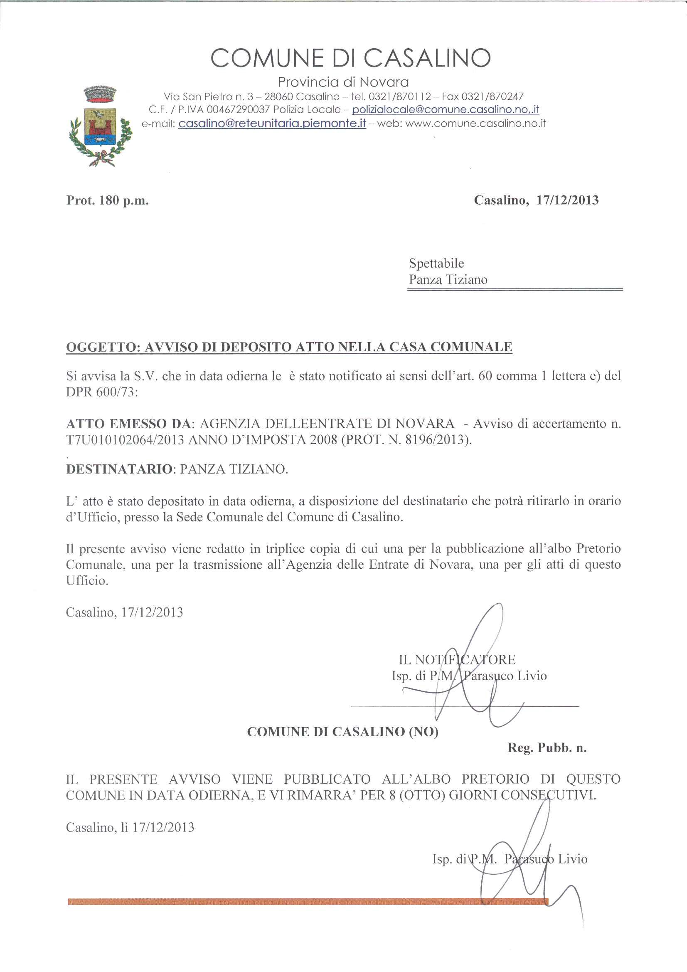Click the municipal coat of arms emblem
100,126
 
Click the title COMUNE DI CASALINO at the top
350,58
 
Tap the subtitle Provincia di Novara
343,82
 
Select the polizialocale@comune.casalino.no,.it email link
445,110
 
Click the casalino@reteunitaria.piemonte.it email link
272,123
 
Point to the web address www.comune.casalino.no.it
475,123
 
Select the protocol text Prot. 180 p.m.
108,200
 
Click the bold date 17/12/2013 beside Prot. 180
567,200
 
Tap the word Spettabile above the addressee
436,263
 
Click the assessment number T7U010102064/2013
125,440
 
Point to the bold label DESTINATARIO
119,469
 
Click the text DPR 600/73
101,392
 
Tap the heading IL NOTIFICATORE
457,659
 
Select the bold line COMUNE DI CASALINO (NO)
342,732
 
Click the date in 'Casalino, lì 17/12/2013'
163,827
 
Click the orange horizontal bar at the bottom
307,902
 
